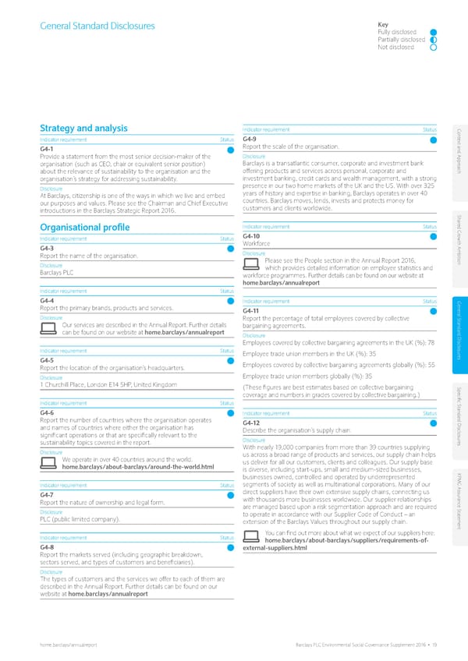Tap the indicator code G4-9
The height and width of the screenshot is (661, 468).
point(250,139)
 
